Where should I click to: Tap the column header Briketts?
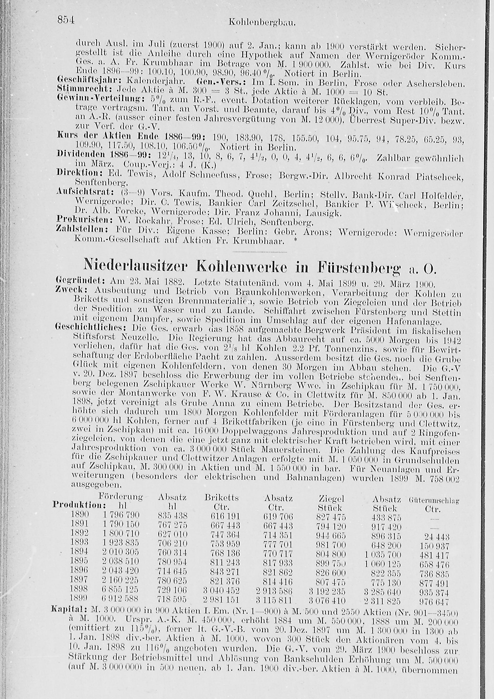point(222,498)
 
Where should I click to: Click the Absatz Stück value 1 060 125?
point(383,561)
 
